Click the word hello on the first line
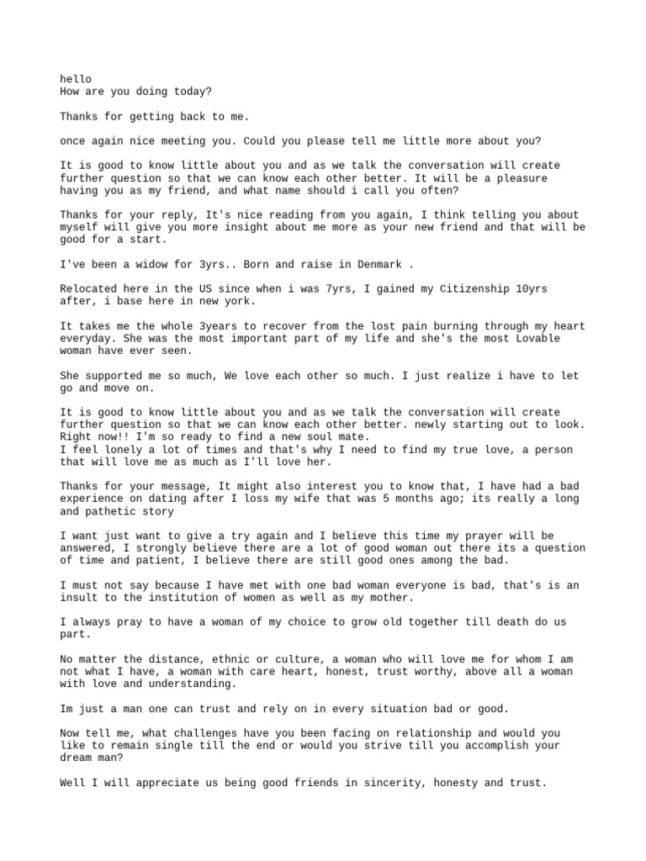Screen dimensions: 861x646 point(76,79)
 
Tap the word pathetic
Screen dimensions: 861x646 point(114,510)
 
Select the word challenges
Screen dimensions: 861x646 point(210,732)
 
